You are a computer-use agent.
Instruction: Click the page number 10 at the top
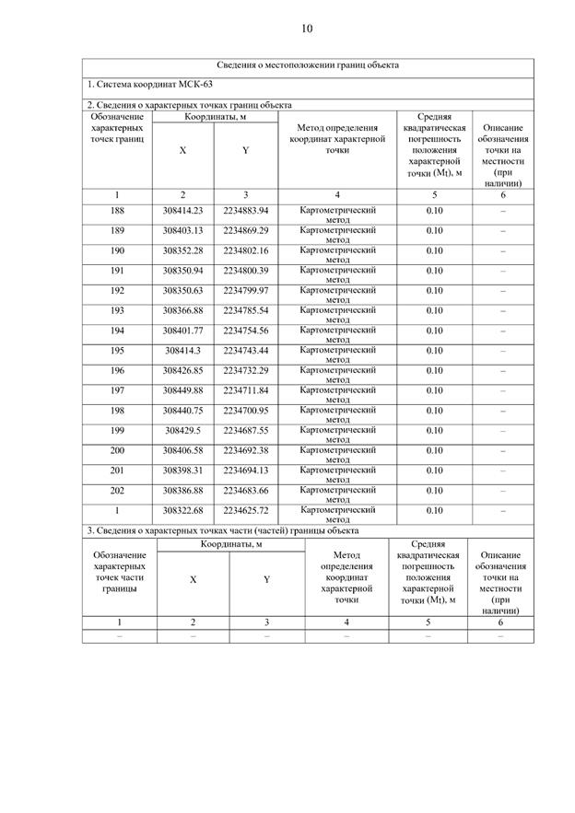[307, 29]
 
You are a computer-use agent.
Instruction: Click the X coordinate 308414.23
[182, 211]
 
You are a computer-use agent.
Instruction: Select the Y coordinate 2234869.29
[245, 230]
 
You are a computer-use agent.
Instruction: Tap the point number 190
[117, 250]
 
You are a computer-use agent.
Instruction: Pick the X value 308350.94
[182, 271]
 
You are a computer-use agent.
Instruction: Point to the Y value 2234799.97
[245, 291]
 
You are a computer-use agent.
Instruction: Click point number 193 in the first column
[117, 310]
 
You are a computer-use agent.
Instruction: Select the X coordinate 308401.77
[182, 331]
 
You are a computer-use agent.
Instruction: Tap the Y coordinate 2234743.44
[245, 351]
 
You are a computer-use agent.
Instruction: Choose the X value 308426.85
[182, 370]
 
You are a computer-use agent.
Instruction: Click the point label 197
[117, 390]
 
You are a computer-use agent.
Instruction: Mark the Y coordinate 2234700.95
[245, 411]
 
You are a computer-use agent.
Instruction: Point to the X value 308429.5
[182, 430]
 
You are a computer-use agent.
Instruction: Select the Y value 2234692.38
[245, 450]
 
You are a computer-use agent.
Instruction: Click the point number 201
[117, 470]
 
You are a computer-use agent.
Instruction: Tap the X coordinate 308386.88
[182, 490]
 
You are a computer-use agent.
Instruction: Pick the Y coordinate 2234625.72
[245, 510]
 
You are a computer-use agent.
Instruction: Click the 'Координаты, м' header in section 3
[231, 544]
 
